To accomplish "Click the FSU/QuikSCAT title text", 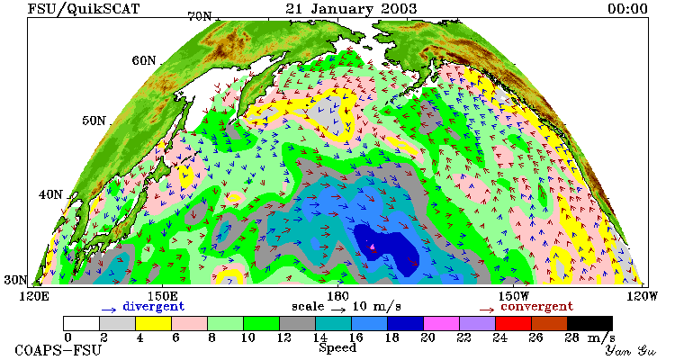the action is (x=84, y=9).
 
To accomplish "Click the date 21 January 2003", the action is (x=351, y=9).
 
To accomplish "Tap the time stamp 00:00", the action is (x=627, y=9).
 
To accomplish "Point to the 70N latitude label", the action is (x=200, y=16).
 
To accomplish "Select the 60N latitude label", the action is (x=144, y=60).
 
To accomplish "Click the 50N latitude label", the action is (x=94, y=121).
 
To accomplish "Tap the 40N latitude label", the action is (x=50, y=194).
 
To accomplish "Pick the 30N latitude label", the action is (x=15, y=280).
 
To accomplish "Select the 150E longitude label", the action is (x=162, y=297).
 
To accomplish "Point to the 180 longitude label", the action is (x=337, y=297).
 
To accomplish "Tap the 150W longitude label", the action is (x=514, y=297).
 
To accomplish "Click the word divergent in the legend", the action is (x=154, y=307).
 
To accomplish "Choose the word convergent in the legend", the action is (x=536, y=307).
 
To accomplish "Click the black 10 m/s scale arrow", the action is (x=337, y=309).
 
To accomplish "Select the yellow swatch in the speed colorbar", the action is (x=153, y=323).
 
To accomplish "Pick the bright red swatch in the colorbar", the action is (x=513, y=323).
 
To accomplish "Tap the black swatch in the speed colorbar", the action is (x=589, y=323).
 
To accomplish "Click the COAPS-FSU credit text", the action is (x=58, y=350).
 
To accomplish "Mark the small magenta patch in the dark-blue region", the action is (x=373, y=247).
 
